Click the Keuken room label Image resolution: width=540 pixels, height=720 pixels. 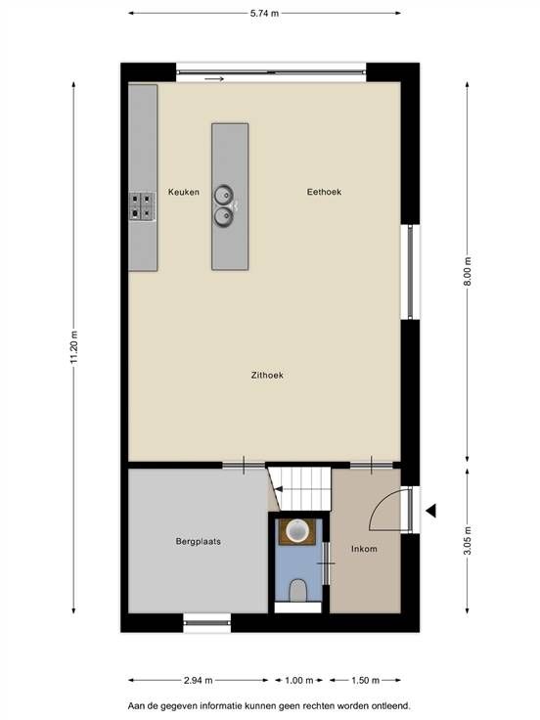pyautogui.click(x=184, y=192)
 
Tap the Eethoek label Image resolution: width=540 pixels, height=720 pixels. pyautogui.click(x=324, y=192)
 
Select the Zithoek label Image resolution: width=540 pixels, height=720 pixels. pyautogui.click(x=267, y=375)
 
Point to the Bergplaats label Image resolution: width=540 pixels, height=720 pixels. pyautogui.click(x=199, y=541)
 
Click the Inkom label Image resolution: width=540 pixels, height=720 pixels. pyautogui.click(x=364, y=549)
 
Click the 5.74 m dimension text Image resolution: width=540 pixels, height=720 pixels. pyautogui.click(x=264, y=14)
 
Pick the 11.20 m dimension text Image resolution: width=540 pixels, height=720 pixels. pyautogui.click(x=74, y=347)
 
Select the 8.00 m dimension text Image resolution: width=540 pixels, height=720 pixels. pyautogui.click(x=468, y=271)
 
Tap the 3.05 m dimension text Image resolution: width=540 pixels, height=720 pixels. pyautogui.click(x=468, y=540)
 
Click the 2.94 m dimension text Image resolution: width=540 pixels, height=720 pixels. pyautogui.click(x=199, y=680)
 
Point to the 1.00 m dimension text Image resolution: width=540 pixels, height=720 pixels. pyautogui.click(x=299, y=680)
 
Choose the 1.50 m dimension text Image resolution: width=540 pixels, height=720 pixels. pyautogui.click(x=366, y=680)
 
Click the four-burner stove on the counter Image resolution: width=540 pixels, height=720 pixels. pyautogui.click(x=142, y=206)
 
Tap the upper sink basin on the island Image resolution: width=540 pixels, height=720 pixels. pyautogui.click(x=224, y=195)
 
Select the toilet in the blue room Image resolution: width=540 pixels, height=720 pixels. pyautogui.click(x=298, y=590)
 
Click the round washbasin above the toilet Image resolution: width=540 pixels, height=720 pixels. pyautogui.click(x=297, y=531)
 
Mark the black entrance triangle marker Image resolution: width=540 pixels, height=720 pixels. pyautogui.click(x=430, y=510)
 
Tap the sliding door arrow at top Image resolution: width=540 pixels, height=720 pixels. pyautogui.click(x=214, y=79)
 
